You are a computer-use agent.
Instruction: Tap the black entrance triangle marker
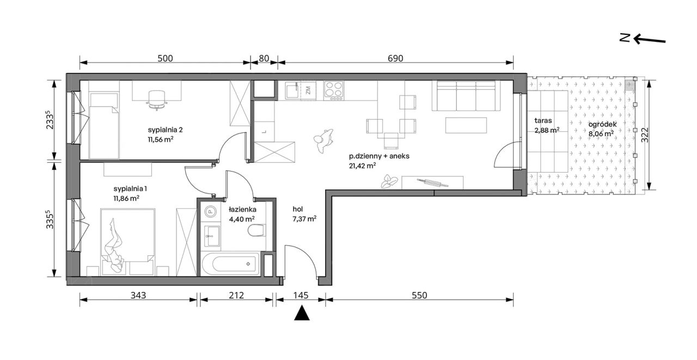tap(302, 313)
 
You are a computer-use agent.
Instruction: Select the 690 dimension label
tap(395, 58)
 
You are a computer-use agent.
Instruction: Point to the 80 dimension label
tap(264, 58)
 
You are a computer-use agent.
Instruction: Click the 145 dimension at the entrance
tap(301, 295)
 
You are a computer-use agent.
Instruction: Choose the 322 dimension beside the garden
tap(645, 135)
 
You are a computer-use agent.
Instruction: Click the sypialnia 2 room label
tap(165, 130)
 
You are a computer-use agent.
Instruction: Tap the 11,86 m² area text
tap(126, 198)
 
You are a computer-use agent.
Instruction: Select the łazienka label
tap(242, 209)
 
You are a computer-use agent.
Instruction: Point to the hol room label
tap(297, 209)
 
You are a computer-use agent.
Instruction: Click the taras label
tap(543, 120)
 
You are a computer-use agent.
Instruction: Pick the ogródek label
tap(602, 124)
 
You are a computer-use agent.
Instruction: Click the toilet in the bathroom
tap(256, 230)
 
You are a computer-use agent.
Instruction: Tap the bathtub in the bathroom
tap(230, 264)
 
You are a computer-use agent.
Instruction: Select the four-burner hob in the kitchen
tap(334, 90)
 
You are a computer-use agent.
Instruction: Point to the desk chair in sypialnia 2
tap(157, 100)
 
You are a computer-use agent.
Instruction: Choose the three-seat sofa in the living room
tap(466, 95)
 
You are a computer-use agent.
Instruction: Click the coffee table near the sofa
tap(466, 125)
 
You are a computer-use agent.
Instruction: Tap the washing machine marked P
tap(210, 212)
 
